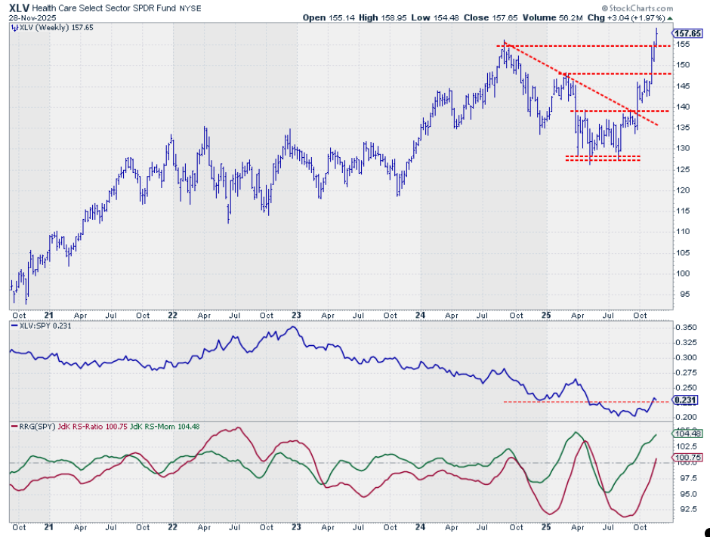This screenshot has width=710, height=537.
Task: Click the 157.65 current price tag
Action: click(686, 33)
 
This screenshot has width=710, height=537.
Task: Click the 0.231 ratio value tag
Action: click(685, 400)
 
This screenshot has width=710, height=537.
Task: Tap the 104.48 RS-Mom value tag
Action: click(686, 434)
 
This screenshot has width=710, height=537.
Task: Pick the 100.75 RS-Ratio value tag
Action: click(686, 457)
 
